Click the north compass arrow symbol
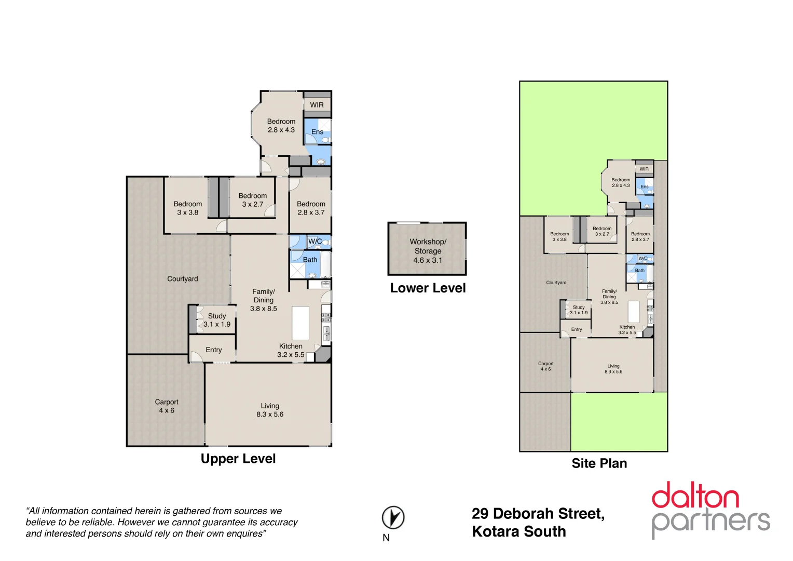click(x=393, y=517)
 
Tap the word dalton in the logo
click(x=695, y=496)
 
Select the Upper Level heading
click(x=238, y=459)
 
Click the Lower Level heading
click(x=428, y=288)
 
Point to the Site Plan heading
click(x=599, y=463)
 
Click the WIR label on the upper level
click(x=317, y=105)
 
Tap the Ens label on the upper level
click(x=317, y=132)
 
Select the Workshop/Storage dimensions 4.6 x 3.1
click(x=428, y=260)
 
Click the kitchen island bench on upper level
click(x=300, y=323)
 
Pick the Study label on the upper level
click(x=217, y=316)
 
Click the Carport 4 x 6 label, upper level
click(x=167, y=406)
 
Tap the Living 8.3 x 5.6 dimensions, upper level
click(x=270, y=415)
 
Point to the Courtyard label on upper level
click(x=183, y=279)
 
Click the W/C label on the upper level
click(x=315, y=242)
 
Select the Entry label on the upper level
click(x=213, y=350)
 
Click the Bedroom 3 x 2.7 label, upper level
click(x=253, y=200)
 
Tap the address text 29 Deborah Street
click(x=538, y=514)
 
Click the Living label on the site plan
click(x=613, y=366)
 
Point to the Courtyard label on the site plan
click(x=556, y=283)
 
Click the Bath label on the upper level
click(x=310, y=260)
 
